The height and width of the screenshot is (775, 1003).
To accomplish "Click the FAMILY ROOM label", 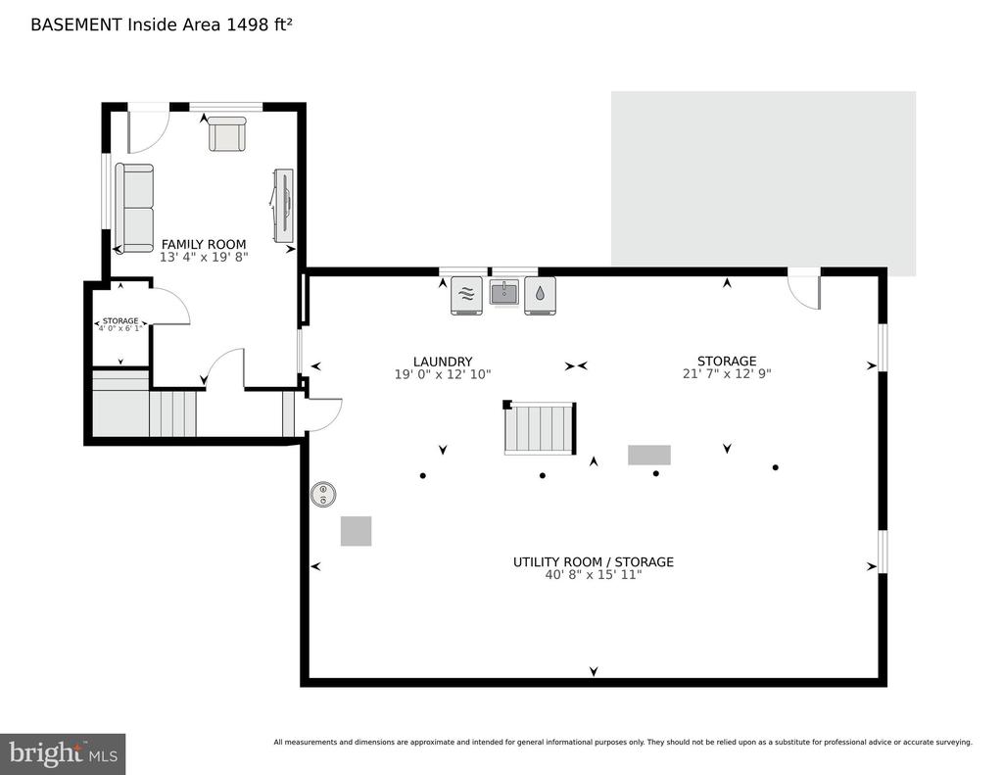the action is tap(204, 245).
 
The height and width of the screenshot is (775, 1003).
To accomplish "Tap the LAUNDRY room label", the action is tap(443, 362).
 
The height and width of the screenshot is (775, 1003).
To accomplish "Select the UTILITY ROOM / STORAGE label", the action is tap(593, 561).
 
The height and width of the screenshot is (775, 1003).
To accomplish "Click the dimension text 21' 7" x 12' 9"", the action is tap(727, 373).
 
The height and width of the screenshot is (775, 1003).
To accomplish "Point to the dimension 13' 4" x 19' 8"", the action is tap(204, 258).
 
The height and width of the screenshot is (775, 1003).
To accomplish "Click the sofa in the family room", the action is tap(134, 208).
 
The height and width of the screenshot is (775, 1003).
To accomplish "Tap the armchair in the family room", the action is tap(227, 133).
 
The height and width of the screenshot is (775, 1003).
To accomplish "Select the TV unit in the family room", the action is tap(283, 206).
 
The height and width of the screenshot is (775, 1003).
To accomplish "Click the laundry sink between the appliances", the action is tap(504, 294).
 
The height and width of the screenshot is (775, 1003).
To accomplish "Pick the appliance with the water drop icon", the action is tap(540, 295).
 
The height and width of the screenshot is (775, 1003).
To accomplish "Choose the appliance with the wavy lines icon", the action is tap(467, 295).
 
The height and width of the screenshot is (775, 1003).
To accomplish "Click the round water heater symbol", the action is tap(323, 494).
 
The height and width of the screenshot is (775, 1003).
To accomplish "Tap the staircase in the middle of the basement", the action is tap(541, 428).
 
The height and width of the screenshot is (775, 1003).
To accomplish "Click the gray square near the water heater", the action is tap(356, 531).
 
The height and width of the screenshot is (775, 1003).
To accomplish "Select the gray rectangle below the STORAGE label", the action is tap(649, 455).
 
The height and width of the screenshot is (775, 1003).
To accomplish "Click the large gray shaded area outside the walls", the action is tap(763, 180).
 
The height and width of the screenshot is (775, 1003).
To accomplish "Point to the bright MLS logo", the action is tap(63, 753).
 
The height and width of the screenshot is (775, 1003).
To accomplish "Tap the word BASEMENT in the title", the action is tap(76, 24).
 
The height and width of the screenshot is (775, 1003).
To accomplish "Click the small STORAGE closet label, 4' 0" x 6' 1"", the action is tap(120, 324).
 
